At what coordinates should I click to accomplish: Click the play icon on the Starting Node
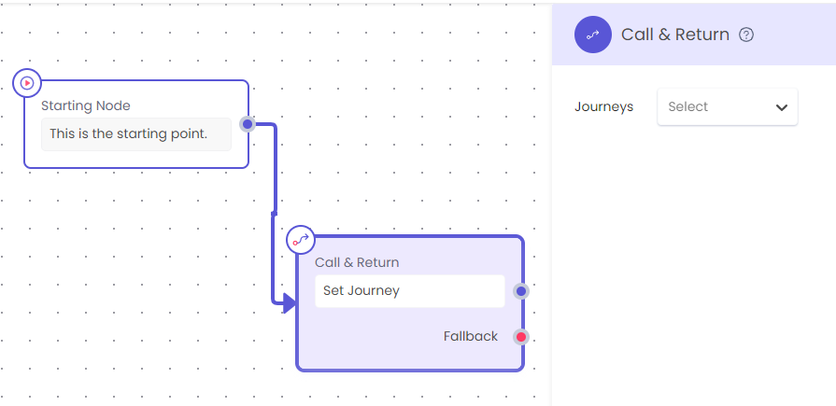tap(27, 83)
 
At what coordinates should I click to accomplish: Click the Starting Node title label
tap(86, 105)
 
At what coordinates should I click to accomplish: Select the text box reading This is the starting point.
tap(136, 133)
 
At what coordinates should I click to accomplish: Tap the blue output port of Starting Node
tap(248, 125)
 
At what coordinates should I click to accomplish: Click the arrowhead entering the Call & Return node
tap(289, 303)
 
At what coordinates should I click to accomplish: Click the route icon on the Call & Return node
tap(301, 240)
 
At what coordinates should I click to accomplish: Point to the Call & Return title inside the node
tap(357, 262)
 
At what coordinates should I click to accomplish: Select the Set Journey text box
tap(409, 291)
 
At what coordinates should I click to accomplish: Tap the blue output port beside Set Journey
tap(521, 291)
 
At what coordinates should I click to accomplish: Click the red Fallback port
tap(521, 337)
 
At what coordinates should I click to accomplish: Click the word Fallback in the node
tap(470, 336)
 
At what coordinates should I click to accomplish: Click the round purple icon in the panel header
tap(593, 35)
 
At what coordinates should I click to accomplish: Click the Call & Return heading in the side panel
tap(675, 35)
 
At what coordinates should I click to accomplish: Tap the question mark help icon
tap(746, 35)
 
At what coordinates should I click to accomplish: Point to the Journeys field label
tap(604, 106)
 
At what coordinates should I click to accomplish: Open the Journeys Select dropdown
tap(728, 107)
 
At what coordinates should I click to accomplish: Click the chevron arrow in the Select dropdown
tap(782, 107)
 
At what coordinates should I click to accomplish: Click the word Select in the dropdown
tap(687, 106)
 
